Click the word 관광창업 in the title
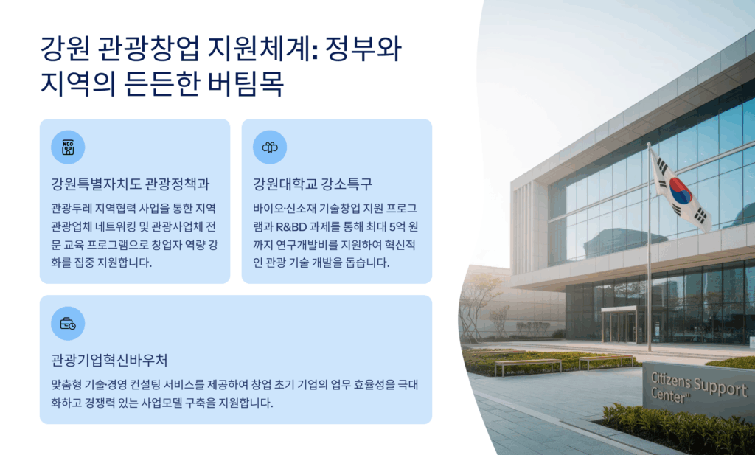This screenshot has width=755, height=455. [x=147, y=49]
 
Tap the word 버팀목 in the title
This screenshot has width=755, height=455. [x=246, y=83]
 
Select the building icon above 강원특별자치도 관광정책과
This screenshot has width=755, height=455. [x=68, y=147]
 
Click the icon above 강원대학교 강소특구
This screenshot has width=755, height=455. [x=270, y=147]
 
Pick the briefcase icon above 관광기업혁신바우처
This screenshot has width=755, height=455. [x=68, y=324]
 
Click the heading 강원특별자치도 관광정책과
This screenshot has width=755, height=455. [x=130, y=184]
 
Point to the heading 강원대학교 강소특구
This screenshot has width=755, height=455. [x=313, y=184]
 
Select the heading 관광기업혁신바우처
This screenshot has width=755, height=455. [x=109, y=360]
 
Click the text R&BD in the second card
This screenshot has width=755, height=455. [x=290, y=226]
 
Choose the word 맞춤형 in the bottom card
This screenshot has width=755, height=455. [x=66, y=385]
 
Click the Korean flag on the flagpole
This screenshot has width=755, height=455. [x=679, y=191]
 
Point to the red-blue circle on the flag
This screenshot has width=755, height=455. [x=681, y=191]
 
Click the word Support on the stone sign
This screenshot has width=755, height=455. [x=721, y=387]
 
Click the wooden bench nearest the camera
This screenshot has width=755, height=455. [x=528, y=367]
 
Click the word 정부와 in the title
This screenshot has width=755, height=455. [x=363, y=49]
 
